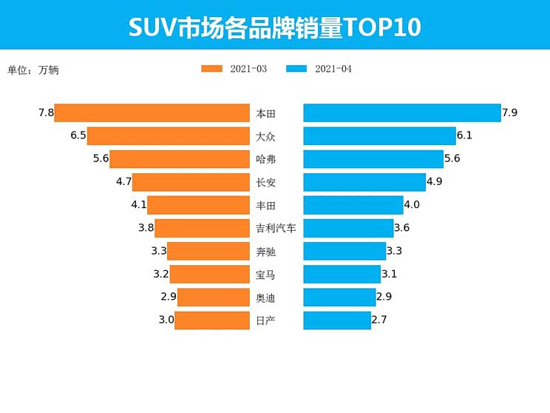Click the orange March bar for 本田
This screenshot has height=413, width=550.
(152, 113)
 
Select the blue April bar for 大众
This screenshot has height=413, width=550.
(379, 136)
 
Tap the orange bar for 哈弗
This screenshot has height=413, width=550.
(180, 159)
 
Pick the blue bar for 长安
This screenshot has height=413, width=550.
(364, 182)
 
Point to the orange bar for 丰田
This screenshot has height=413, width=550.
(198, 205)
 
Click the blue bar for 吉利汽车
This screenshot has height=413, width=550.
(348, 228)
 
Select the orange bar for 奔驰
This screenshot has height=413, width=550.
(208, 251)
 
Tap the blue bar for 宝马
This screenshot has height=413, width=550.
(342, 274)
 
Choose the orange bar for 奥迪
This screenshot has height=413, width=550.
(214, 297)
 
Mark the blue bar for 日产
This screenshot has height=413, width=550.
(337, 320)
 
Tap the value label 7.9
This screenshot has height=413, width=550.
(509, 113)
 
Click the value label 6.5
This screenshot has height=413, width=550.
(78, 136)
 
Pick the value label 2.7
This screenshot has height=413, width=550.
(379, 320)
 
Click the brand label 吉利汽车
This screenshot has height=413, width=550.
(276, 229)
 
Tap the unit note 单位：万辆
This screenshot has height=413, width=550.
(33, 70)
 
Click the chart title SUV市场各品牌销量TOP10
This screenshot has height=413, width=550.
(275, 27)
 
